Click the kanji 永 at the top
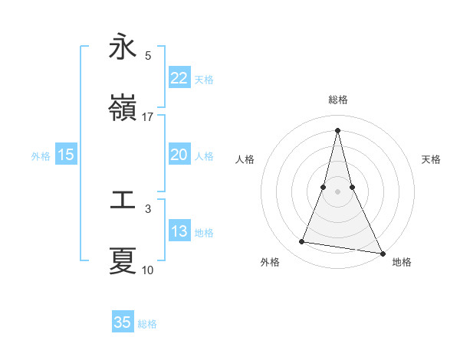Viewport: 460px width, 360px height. [123, 47]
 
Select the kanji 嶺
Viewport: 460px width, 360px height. [123, 109]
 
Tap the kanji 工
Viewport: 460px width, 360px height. [123, 201]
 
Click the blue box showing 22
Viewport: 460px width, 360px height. [179, 78]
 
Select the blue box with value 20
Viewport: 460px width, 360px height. [179, 155]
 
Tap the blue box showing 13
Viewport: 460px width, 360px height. [179, 231]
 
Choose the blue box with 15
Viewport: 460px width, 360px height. [65, 155]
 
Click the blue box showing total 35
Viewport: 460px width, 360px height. [123, 322]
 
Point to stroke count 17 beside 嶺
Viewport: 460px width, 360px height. [148, 117]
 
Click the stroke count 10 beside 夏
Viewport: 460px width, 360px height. [148, 270]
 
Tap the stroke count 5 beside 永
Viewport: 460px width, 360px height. [148, 56]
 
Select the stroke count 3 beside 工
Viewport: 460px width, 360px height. [148, 208]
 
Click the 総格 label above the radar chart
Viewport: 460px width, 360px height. [338, 100]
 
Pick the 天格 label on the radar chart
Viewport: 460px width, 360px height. [431, 159]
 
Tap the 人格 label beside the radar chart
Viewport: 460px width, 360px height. [245, 159]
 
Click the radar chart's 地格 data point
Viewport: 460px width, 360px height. [382, 252]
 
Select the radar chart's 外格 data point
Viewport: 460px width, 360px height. [302, 242]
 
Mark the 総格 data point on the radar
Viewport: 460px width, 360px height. [338, 130]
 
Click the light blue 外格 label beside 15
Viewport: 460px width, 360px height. [41, 155]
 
